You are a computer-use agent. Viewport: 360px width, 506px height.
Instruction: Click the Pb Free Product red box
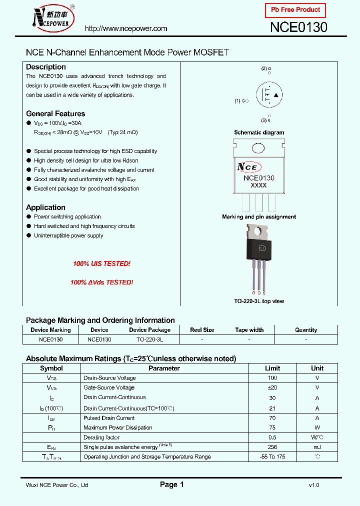pyautogui.click(x=295, y=10)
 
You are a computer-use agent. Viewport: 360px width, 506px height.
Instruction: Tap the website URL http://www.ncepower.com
pyautogui.click(x=126, y=28)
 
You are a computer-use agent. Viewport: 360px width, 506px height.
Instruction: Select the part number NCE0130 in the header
pyautogui.click(x=298, y=27)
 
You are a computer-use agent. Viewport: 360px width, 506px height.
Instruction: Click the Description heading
pyautogui.click(x=46, y=67)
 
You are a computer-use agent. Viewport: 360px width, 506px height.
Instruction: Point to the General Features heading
pyautogui.click(x=55, y=113)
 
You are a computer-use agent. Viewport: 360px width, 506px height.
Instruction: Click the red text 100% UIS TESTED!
pyautogui.click(x=101, y=263)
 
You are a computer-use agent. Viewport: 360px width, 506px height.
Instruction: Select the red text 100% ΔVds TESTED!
pyautogui.click(x=101, y=282)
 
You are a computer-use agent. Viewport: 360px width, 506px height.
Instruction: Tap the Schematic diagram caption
pyautogui.click(x=259, y=132)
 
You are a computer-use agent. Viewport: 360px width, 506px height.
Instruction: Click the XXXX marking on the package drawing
pyautogui.click(x=258, y=185)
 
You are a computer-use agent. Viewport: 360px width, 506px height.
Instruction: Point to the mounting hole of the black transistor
pyautogui.click(x=259, y=230)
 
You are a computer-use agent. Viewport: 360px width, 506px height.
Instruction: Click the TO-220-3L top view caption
pyautogui.click(x=259, y=301)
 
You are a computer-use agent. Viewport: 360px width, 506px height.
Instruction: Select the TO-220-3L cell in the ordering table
pyautogui.click(x=149, y=339)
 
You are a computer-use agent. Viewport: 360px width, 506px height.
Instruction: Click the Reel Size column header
pyautogui.click(x=202, y=330)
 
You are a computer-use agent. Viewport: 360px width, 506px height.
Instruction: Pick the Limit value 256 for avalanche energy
pyautogui.click(x=272, y=447)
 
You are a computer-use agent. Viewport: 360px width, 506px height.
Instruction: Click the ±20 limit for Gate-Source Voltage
pyautogui.click(x=272, y=387)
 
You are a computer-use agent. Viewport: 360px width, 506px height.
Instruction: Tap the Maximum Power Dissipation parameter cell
pyautogui.click(x=118, y=427)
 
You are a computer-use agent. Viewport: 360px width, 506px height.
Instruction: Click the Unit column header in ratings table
pyautogui.click(x=317, y=368)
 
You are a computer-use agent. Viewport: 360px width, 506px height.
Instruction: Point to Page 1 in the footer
pyautogui.click(x=172, y=484)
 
